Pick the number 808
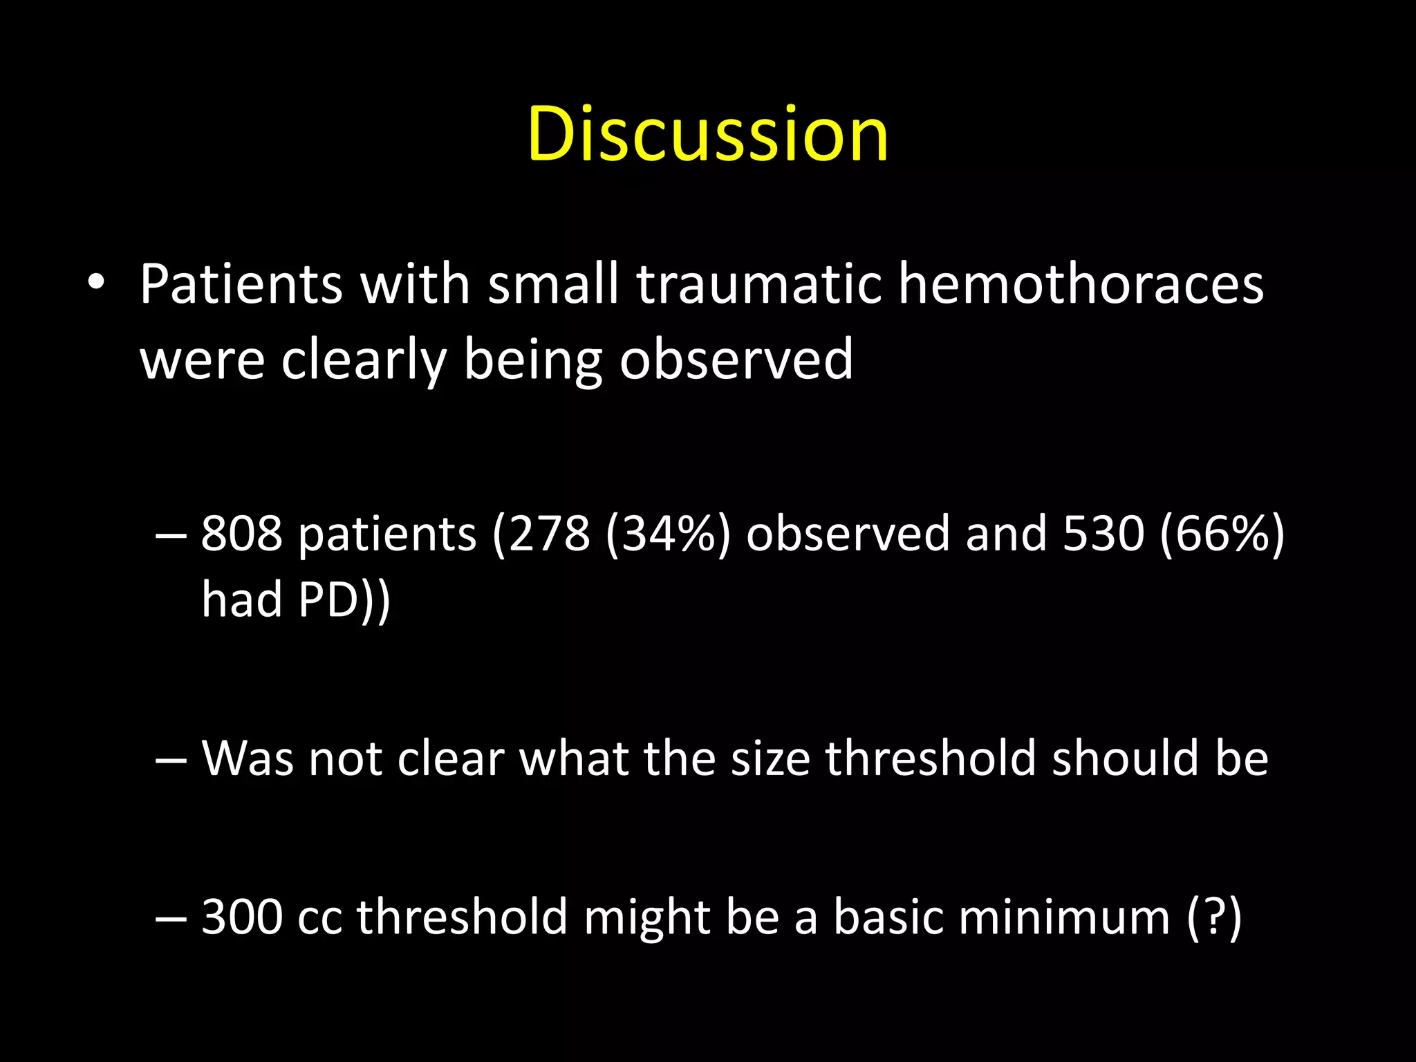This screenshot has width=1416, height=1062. click(242, 534)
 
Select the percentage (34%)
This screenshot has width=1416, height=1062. click(668, 534)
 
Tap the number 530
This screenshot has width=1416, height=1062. click(1103, 534)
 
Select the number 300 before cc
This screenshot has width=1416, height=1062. click(242, 917)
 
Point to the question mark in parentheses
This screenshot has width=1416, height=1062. click(1214, 917)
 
